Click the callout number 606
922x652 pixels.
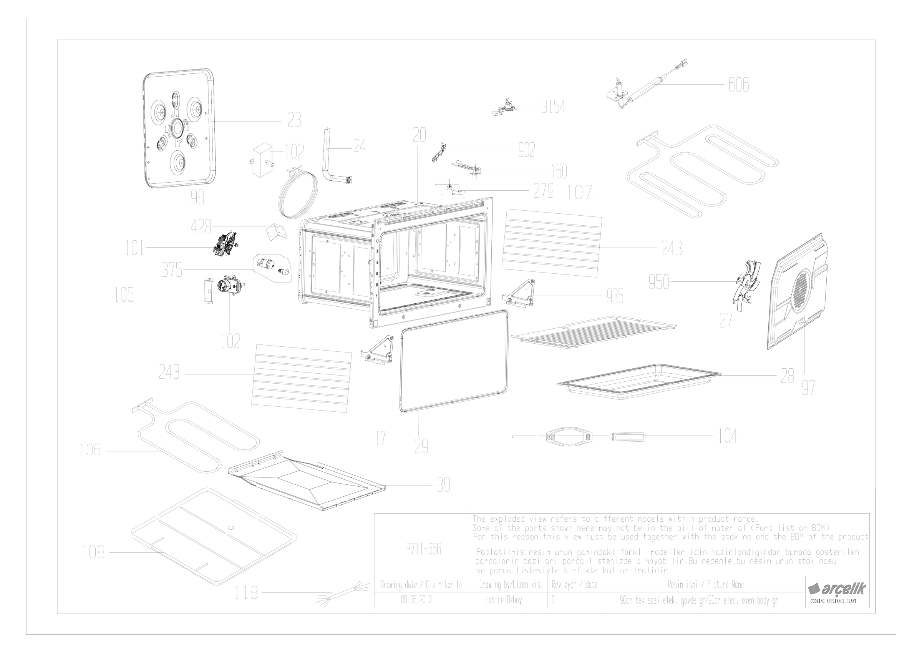click(x=738, y=85)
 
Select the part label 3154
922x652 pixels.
click(x=553, y=107)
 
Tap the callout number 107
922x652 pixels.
click(x=579, y=193)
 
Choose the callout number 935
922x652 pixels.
click(x=615, y=297)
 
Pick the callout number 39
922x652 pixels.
click(x=443, y=485)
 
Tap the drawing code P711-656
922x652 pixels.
click(x=424, y=549)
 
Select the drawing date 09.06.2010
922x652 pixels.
click(x=416, y=600)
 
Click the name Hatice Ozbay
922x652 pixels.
click(x=503, y=600)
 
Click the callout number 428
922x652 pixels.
click(x=201, y=227)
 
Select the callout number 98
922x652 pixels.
click(x=197, y=197)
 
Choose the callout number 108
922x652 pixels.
click(x=93, y=553)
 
